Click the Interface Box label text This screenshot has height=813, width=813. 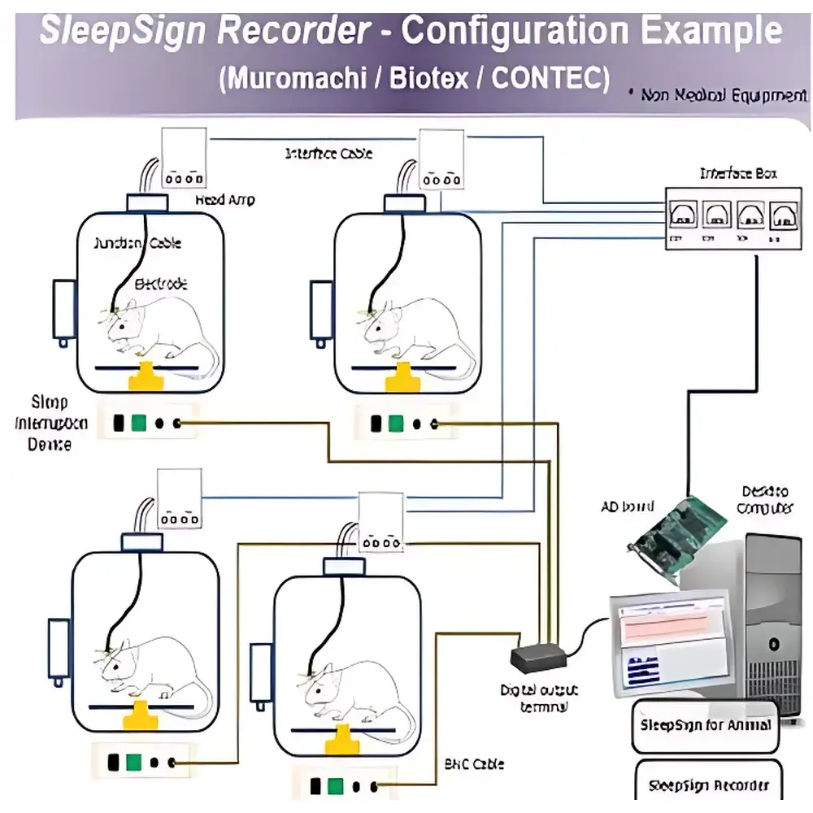click(x=737, y=173)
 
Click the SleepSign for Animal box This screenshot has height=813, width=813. click(x=705, y=725)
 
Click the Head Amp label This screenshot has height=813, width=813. click(x=224, y=199)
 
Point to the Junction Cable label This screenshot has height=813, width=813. click(x=137, y=243)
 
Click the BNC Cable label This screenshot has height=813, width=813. click(x=474, y=763)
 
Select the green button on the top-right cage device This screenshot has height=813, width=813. click(x=396, y=424)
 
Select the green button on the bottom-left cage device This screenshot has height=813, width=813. click(x=134, y=763)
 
